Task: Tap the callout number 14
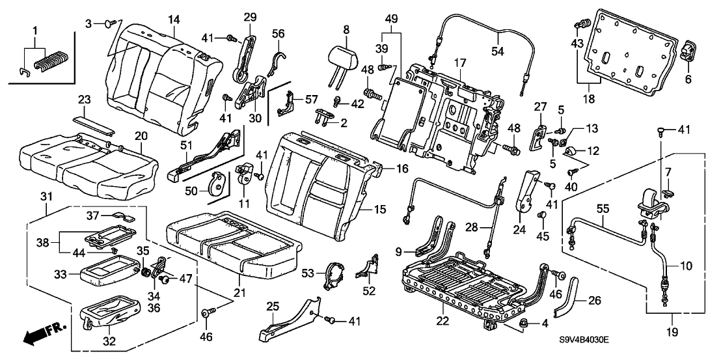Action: (x=173, y=20)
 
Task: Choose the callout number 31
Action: (x=46, y=197)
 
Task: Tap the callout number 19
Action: (x=673, y=333)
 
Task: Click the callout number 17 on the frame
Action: (x=460, y=63)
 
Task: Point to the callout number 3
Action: (x=88, y=23)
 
